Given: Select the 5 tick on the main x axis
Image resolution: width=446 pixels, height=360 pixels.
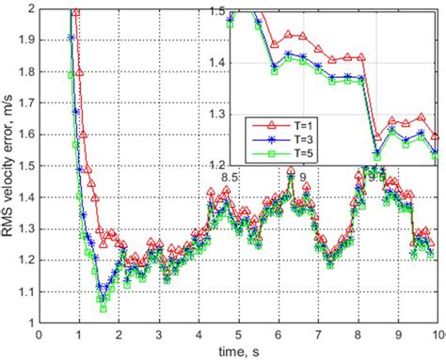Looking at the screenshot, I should click(x=239, y=333).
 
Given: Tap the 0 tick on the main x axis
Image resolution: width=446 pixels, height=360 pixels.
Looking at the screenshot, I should click(x=39, y=333).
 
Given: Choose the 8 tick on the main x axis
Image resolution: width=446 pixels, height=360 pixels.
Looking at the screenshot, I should click(x=358, y=333).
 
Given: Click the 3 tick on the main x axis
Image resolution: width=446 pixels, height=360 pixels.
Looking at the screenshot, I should click(x=159, y=333).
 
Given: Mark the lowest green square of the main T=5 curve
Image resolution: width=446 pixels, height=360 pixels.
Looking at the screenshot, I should click(x=103, y=308).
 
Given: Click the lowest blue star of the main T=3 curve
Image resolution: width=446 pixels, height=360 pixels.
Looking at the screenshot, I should click(x=103, y=300).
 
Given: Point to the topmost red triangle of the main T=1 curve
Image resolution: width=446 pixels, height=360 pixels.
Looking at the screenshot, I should click(x=75, y=10).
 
